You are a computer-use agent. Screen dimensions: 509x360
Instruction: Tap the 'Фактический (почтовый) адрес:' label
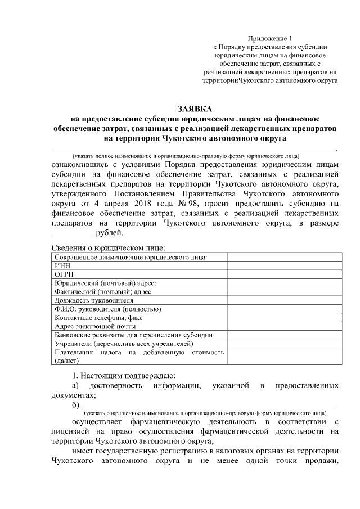pos(103,291)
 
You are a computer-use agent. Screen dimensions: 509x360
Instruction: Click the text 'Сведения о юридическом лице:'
pos(109,247)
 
